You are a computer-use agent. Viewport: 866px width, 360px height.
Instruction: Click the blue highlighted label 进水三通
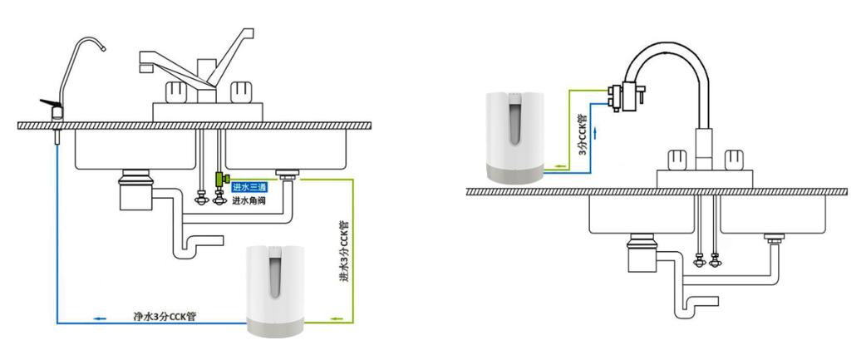coord(249,187)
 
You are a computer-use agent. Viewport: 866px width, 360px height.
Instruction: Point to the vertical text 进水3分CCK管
coord(343,251)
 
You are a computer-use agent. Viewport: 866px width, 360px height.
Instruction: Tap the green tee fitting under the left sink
coord(220,179)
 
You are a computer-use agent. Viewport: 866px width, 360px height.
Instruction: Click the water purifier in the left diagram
coord(274,291)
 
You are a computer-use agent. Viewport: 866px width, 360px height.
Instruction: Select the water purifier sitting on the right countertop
coord(514,137)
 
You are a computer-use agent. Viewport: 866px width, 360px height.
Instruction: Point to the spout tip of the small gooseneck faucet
coord(103,48)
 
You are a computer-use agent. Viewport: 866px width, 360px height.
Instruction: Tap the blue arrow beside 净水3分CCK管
coord(100,318)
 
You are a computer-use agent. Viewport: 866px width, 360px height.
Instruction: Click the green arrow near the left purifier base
coord(337,318)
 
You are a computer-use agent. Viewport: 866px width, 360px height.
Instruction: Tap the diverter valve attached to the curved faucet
coord(626,96)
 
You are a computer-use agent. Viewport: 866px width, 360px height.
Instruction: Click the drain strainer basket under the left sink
coord(135,190)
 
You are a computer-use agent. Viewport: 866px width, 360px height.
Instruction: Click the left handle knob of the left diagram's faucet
coord(176,91)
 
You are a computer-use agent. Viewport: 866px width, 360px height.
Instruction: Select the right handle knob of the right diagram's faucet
coord(734,160)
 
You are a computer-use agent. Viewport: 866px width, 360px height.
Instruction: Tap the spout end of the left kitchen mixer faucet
coord(145,67)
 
